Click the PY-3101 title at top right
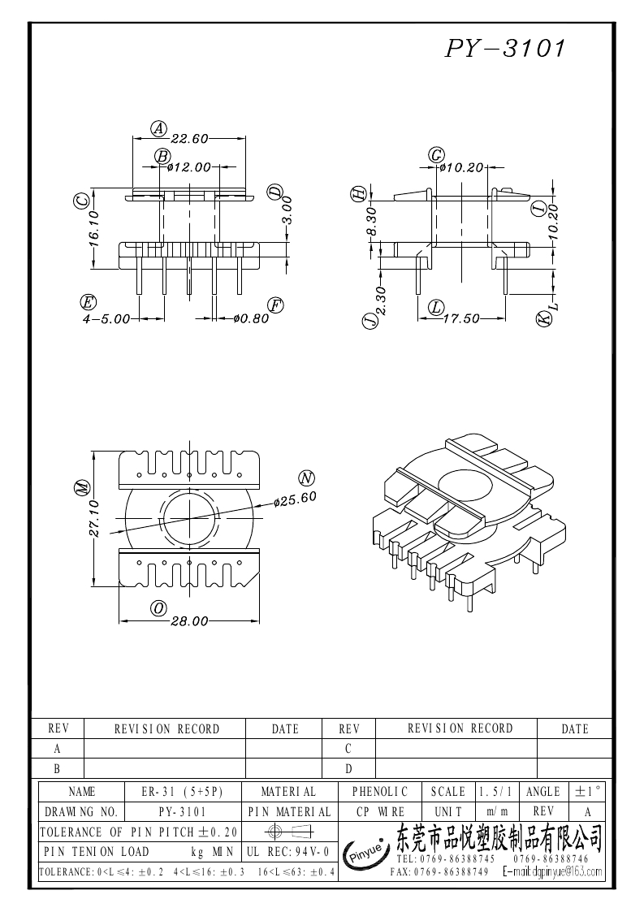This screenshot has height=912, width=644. coord(504,49)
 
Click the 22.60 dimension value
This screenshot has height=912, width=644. coord(189,138)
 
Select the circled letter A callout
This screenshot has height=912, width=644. coord(159,128)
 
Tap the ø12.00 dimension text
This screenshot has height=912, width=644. coord(189,167)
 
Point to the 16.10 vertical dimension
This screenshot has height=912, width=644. coord(93,228)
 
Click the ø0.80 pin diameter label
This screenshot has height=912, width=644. coord(250,318)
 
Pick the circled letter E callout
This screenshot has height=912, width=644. coord(89,303)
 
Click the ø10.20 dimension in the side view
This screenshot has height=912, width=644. coord(461,167)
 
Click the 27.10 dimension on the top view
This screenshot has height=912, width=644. coord(93,518)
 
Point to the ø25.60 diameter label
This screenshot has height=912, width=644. coord(295,499)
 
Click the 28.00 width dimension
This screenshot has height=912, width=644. coord(189,621)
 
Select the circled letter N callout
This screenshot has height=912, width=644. coord(306,477)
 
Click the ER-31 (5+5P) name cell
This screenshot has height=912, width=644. coord(180,791)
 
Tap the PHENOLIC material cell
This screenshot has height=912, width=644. coord(380,791)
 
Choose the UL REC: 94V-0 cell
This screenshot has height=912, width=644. coord(287,852)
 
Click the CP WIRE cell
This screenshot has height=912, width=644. coord(380,811)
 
